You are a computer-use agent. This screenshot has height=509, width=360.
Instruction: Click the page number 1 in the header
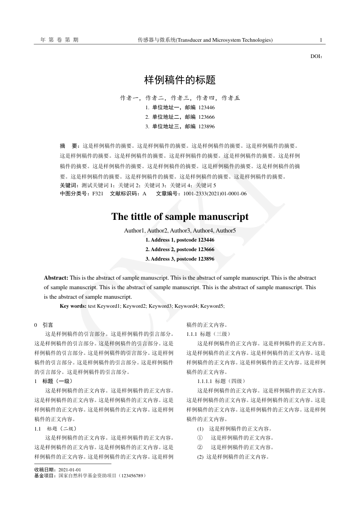pos(321,40)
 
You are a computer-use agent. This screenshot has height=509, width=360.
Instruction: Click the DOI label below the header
pos(316,57)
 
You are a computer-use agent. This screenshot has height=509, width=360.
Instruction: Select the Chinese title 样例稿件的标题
pos(180,81)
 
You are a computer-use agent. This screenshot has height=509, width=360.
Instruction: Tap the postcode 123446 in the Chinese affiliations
pos(206,108)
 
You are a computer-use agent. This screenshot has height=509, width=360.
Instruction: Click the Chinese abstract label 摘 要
pos(69,146)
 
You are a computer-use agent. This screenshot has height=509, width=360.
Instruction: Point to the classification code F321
pos(97,194)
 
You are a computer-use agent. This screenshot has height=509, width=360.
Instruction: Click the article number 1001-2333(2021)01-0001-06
pos(215,194)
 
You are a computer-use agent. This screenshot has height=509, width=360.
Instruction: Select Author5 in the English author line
pos(225,231)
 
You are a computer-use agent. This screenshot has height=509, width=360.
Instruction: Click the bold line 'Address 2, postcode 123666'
pos(180,249)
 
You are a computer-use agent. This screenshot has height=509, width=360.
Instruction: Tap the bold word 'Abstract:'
pos(56,277)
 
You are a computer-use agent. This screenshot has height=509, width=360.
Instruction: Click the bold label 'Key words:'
pos(73,306)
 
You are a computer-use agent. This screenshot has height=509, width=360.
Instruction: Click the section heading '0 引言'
pos(44,325)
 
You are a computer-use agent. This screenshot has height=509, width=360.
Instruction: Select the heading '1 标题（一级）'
pos(54,381)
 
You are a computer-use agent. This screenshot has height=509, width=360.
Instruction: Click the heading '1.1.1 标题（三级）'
pos(209,334)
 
